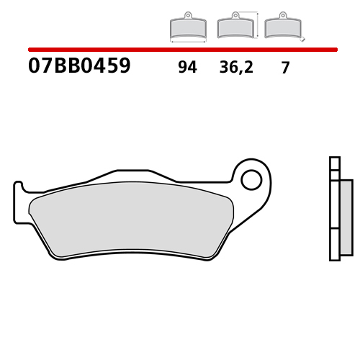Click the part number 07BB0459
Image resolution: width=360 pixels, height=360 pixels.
click(x=79, y=67)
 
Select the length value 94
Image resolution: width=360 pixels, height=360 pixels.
click(x=187, y=68)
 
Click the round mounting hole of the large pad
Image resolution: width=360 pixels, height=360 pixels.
click(x=251, y=179)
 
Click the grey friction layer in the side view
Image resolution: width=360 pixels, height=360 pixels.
click(x=346, y=216)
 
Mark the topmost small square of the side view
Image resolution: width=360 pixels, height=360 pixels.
click(x=333, y=162)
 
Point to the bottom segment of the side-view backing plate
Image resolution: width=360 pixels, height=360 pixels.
click(x=333, y=244)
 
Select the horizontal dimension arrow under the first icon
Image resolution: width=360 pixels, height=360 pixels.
click(x=186, y=42)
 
